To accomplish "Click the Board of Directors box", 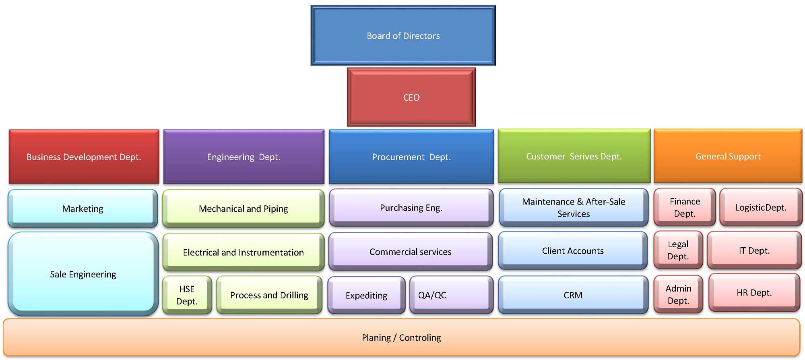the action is coord(403,35).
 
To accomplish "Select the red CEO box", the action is coord(411,97).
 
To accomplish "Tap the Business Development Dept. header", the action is coord(84,157).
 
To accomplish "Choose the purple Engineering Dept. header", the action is coord(244,157).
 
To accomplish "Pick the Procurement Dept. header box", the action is coord(411,157).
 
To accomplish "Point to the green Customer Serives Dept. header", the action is coord(574,156).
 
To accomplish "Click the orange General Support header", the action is coord(728,156).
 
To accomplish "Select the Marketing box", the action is coord(83,209).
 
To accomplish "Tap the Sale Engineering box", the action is coord(83,274).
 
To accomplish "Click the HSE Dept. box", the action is coord(187,295).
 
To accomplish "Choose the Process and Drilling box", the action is coord(269,295).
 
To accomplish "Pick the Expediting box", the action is coord(366,295).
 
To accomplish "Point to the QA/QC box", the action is coord(451,295).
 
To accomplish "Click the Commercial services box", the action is coord(411,252).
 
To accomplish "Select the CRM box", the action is coord(573,295).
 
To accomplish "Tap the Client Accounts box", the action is coord(573,251).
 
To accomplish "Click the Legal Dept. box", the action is coord(678,250).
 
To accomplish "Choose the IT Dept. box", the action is coord(754,250).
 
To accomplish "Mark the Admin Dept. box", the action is coord(678,294).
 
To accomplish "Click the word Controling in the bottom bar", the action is coord(420,337).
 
